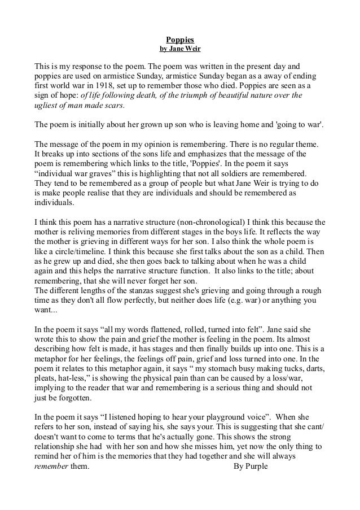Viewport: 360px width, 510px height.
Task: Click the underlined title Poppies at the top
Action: click(180, 40)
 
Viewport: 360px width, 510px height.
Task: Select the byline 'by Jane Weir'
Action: click(180, 49)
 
